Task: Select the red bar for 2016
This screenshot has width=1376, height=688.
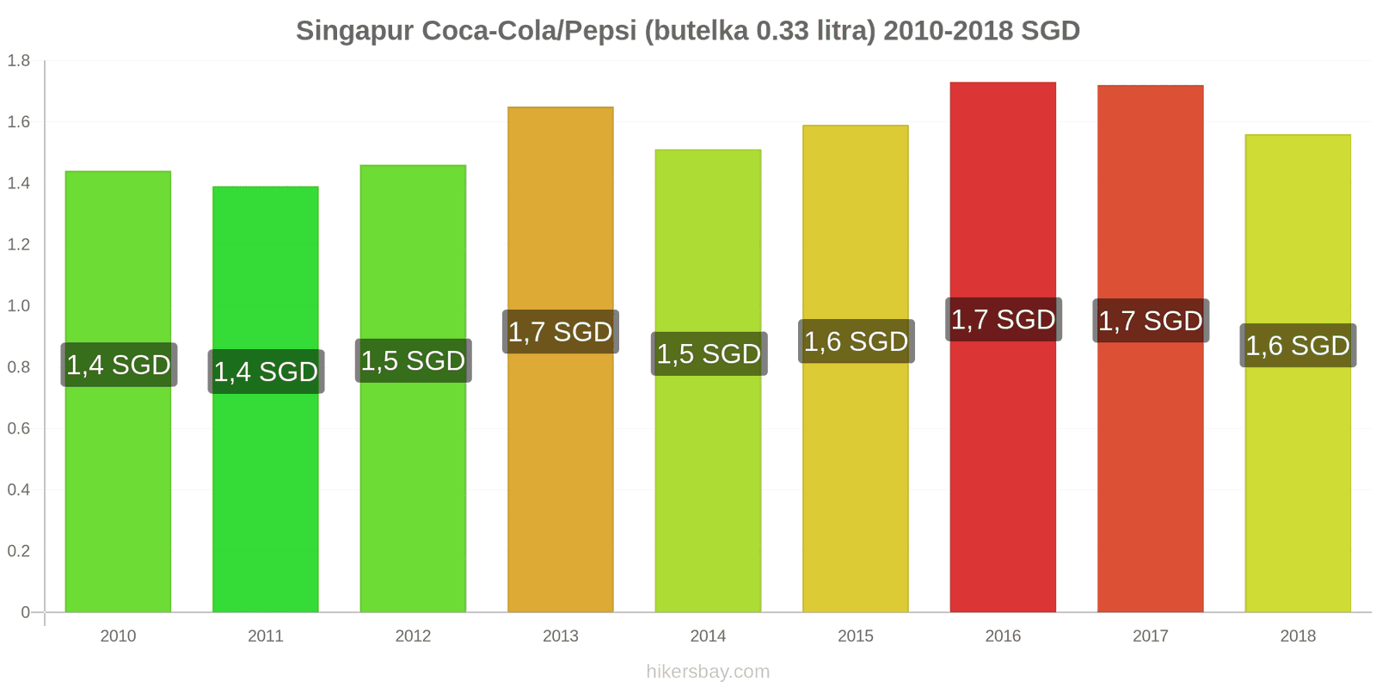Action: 1003,473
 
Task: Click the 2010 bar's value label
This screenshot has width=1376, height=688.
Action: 119,365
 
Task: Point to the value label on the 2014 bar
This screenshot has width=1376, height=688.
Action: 709,353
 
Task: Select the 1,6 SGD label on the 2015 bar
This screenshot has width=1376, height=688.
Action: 856,341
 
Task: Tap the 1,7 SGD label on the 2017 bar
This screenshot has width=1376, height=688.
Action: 1151,321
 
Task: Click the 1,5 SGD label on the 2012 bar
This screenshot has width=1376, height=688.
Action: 413,360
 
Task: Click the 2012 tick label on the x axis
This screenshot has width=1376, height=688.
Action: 413,636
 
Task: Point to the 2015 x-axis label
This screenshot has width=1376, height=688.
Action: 856,636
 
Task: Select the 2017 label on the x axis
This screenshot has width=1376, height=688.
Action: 1151,636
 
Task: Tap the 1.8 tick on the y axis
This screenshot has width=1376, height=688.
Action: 19,60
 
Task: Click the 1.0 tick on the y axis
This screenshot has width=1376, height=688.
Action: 19,305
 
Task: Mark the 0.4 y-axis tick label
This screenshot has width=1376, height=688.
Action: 19,489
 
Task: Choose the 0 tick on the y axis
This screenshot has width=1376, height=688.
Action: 26,612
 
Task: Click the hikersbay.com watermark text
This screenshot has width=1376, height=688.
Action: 708,672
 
